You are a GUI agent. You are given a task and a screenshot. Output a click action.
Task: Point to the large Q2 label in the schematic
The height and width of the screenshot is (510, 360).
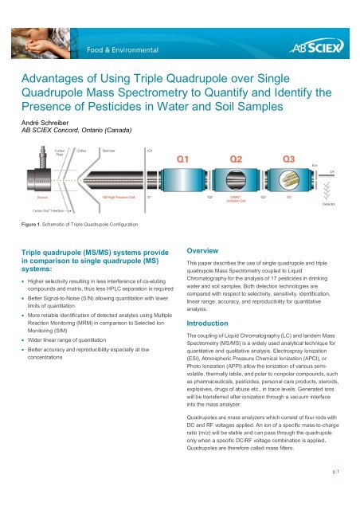click(237, 159)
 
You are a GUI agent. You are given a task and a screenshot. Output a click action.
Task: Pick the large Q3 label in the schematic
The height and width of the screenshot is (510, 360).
click(288, 159)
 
